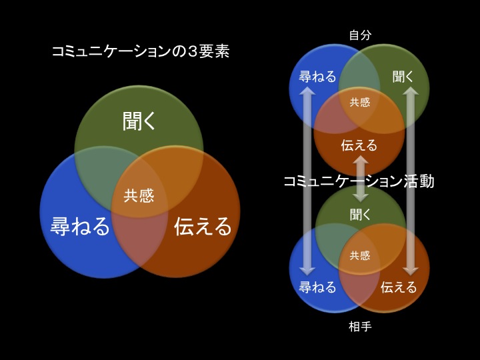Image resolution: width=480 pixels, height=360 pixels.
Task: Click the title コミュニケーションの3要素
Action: pos(141,52)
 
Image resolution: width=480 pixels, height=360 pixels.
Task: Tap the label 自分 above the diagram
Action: pos(360,35)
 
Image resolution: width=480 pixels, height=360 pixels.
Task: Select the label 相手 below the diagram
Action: pos(360,326)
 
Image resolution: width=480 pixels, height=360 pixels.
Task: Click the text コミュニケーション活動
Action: pos(359,181)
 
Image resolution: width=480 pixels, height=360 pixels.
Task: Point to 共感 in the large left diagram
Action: pos(139,195)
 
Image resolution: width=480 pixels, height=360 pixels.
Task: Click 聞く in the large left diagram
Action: pos(139,121)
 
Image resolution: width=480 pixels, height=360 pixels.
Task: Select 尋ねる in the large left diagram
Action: pos(80,226)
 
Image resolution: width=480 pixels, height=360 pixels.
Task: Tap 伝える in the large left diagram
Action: pos(203,226)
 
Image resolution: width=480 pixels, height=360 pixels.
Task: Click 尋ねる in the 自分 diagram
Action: pos(317,77)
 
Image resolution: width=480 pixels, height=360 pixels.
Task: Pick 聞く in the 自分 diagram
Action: pos(403,77)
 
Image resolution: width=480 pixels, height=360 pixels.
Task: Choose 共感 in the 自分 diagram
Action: pos(360,102)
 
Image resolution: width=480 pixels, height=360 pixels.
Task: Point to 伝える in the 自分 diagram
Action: pos(359,145)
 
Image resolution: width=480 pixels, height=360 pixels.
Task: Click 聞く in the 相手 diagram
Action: pos(360,215)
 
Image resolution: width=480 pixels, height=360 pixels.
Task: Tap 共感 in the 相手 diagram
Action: pos(360,255)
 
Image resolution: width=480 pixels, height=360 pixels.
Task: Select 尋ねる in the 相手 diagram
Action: pos(317,287)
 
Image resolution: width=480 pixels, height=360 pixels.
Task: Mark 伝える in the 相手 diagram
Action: pos(399,287)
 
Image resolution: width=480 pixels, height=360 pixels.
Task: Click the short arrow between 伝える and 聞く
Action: pos(361,179)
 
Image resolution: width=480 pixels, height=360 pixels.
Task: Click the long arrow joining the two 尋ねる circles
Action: pos(307,181)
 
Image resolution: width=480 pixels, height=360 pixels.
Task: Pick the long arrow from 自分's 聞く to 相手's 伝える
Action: pos(411,181)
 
